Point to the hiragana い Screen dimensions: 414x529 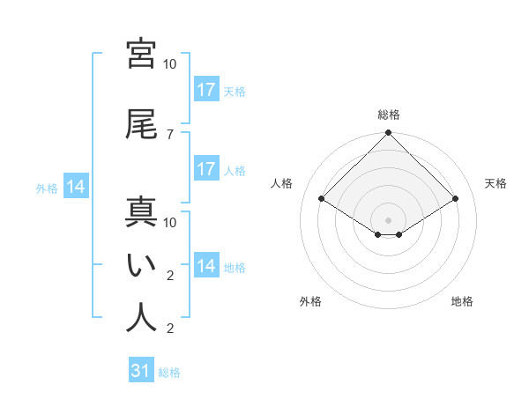[x=141, y=265]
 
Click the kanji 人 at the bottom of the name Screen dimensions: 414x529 [x=141, y=318]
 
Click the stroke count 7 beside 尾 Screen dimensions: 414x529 [x=170, y=134]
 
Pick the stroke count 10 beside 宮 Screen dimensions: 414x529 [x=170, y=64]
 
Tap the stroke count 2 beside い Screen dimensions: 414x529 [x=170, y=276]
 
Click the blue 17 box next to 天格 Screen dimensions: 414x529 [x=205, y=90]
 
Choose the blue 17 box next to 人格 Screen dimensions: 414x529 [x=205, y=169]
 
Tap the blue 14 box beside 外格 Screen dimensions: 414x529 [x=76, y=187]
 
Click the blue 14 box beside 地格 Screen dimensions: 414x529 [x=205, y=266]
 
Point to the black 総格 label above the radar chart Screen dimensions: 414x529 [x=389, y=115]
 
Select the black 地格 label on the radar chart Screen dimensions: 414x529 [x=462, y=301]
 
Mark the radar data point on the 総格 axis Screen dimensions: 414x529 [x=389, y=134]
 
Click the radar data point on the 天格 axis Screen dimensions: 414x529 [x=456, y=199]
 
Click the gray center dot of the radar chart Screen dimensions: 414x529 [x=389, y=219]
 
